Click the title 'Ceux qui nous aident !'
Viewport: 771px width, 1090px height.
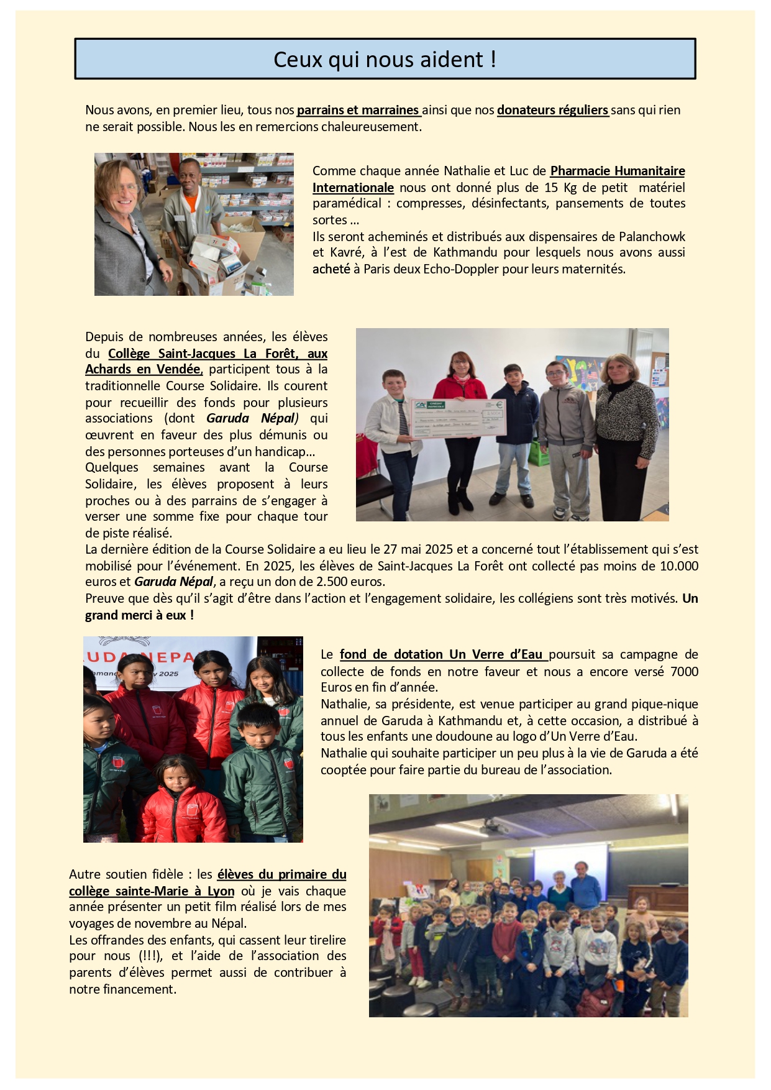point(385,60)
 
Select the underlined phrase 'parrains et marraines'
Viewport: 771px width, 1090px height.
point(358,110)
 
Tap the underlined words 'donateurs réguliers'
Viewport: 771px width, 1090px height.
point(552,110)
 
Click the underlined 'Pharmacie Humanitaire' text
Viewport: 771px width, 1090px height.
point(618,171)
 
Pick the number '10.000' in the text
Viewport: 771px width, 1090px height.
point(679,566)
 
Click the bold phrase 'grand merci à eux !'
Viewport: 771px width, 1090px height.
point(139,615)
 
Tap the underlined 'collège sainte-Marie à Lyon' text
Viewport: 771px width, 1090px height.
point(152,891)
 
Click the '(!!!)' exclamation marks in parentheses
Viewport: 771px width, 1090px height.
point(151,956)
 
